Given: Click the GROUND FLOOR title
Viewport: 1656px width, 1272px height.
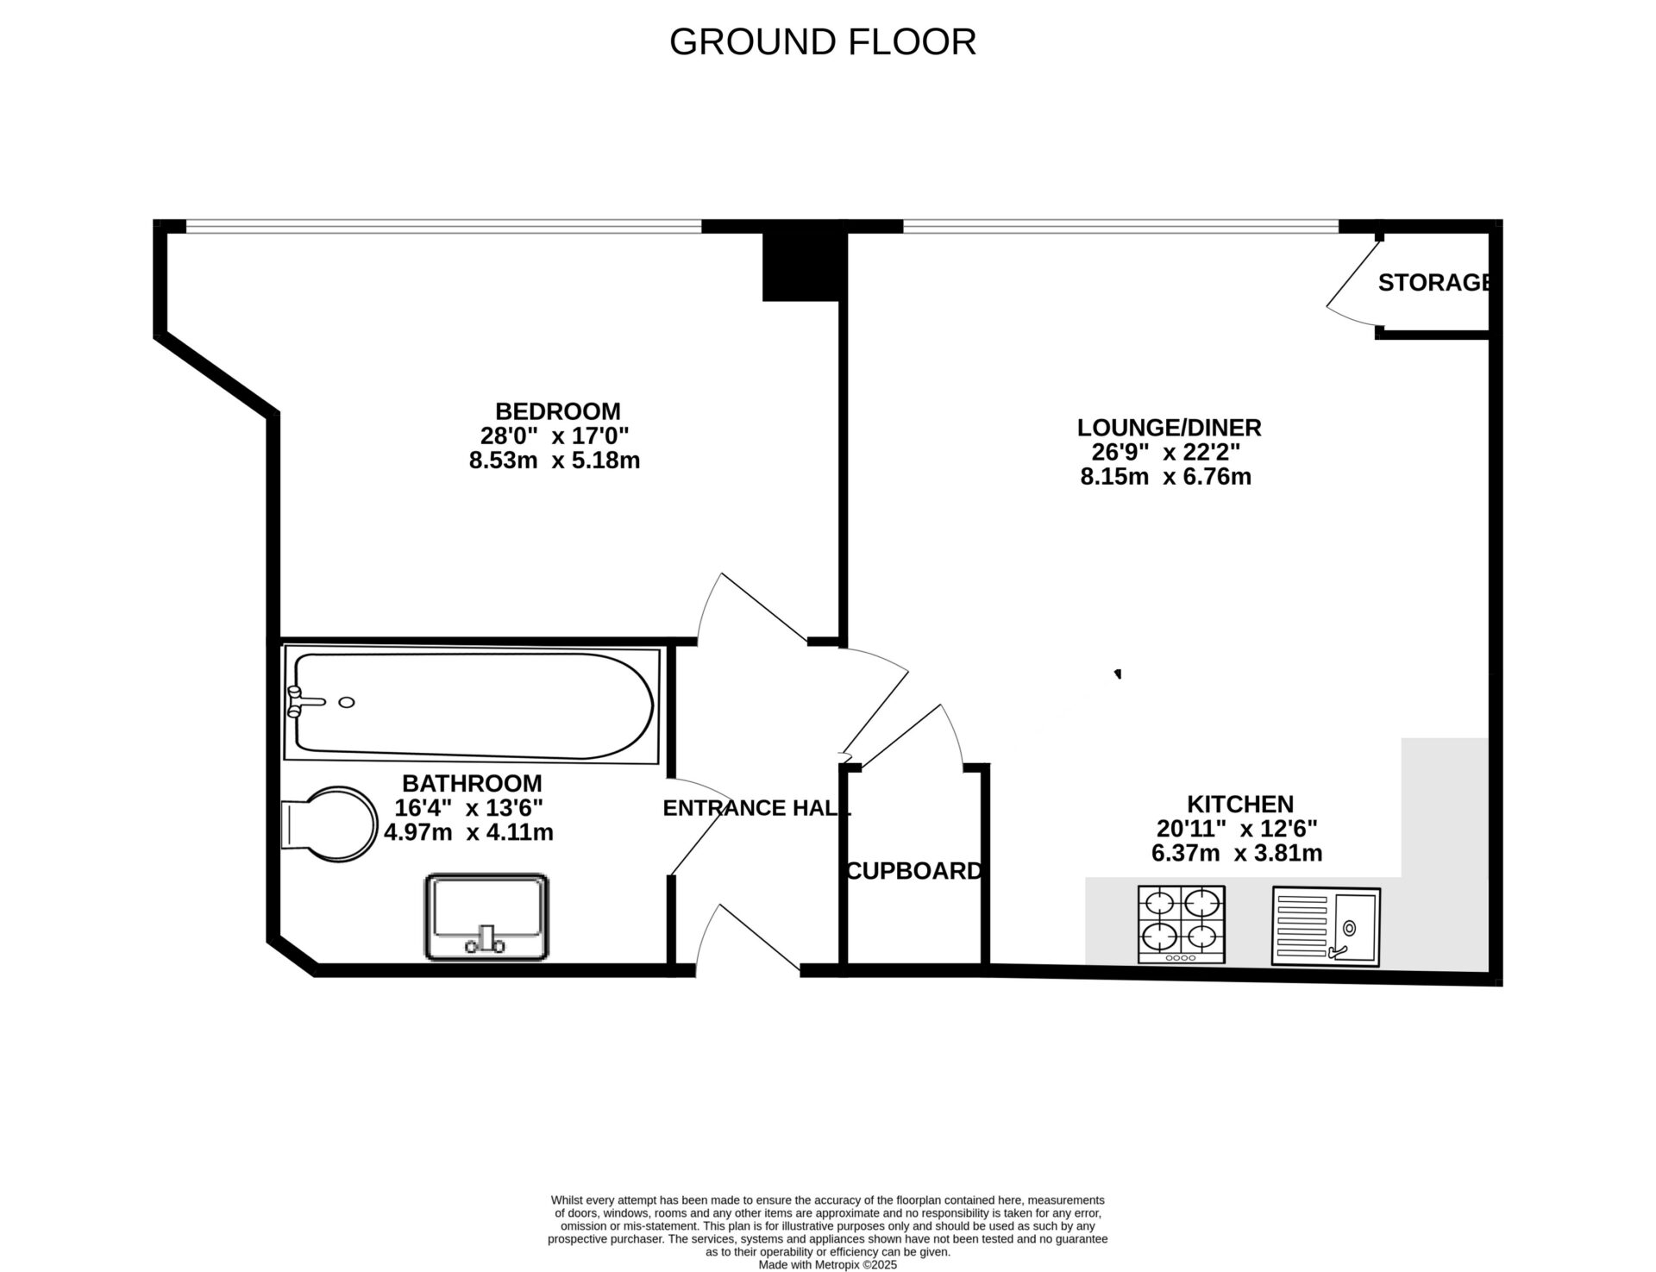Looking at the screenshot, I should (822, 41).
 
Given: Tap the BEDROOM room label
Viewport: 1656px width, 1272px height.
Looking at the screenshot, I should (557, 411).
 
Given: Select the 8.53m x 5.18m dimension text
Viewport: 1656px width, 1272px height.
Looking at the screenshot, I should (554, 461).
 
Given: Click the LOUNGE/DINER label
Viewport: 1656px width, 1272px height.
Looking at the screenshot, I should (1169, 428).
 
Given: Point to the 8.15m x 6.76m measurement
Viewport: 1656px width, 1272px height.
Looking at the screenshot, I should (1165, 476).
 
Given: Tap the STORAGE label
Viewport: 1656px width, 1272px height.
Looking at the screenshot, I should (1433, 283).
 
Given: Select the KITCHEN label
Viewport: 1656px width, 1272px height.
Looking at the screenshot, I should (1239, 805).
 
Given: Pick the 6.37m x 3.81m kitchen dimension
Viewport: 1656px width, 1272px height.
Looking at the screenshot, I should (1236, 854).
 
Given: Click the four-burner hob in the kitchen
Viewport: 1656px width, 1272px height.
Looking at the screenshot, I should (1181, 924).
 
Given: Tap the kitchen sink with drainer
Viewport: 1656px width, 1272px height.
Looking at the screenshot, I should (1326, 926).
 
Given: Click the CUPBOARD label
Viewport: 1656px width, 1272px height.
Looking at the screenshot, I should (914, 871).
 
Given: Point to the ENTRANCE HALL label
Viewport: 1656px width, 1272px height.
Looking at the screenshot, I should (756, 808).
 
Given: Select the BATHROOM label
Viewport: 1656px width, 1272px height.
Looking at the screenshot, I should (472, 784).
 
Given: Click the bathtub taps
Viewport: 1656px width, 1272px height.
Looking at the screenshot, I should (304, 702).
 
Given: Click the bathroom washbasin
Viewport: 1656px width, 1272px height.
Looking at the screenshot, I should (486, 918).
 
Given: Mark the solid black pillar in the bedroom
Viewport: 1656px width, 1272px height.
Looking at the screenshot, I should (800, 267).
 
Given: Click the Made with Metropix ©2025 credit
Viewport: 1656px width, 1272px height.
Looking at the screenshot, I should (827, 1265).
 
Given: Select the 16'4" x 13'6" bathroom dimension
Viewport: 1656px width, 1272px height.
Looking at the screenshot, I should (468, 808).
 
